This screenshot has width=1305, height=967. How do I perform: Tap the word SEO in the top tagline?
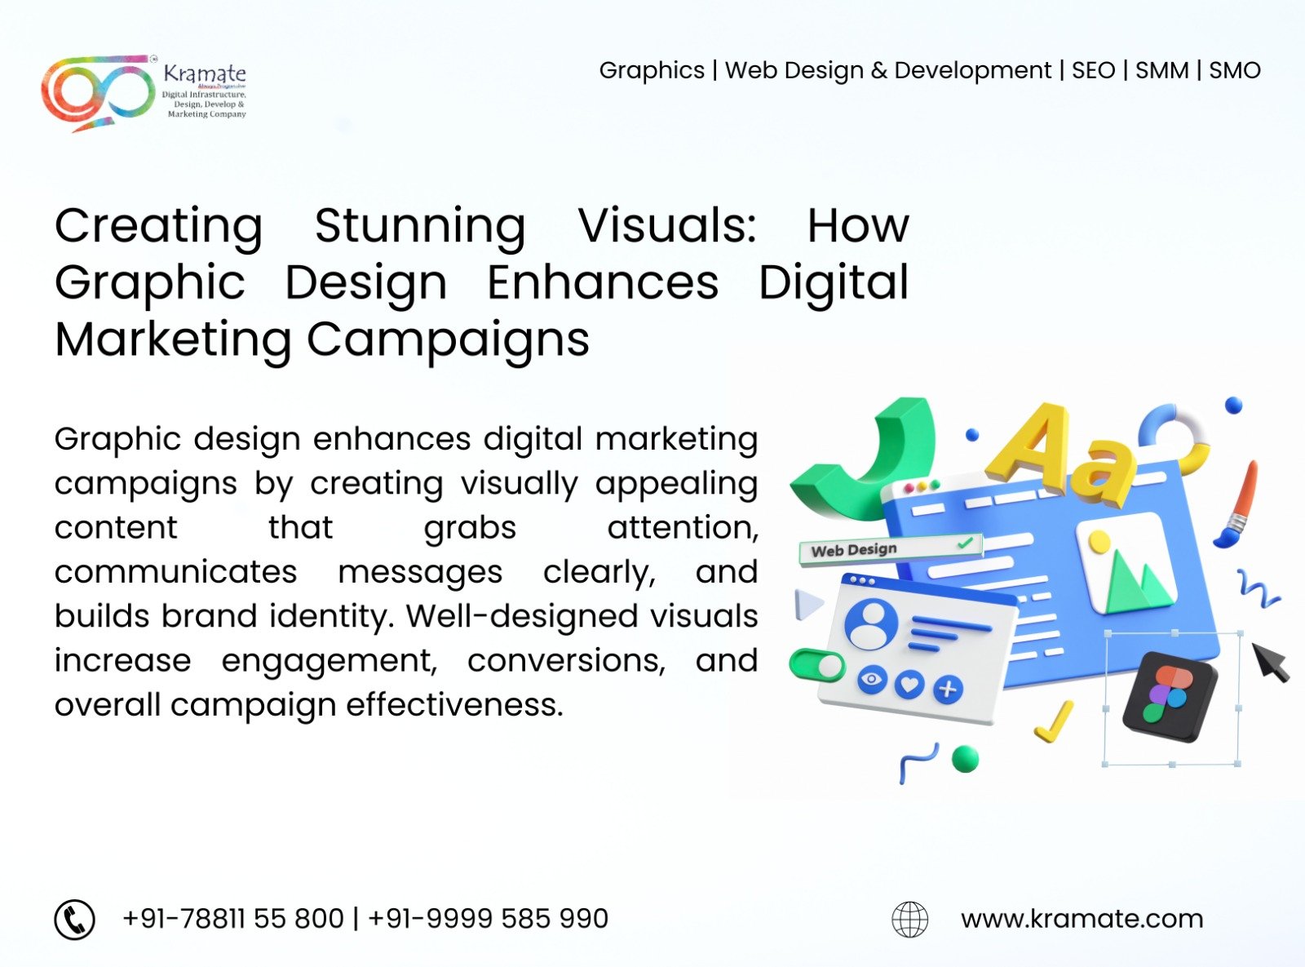point(1093,71)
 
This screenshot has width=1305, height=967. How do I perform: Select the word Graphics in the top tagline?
point(652,71)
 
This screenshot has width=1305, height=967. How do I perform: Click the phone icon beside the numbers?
point(75,919)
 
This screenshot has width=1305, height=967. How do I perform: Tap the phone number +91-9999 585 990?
point(488,919)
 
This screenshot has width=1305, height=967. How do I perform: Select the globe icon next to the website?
point(909,919)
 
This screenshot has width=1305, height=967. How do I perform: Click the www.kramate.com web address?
point(1082,919)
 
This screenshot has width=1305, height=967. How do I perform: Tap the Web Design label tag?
point(890,549)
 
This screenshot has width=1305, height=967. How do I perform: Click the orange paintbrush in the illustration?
point(1236,504)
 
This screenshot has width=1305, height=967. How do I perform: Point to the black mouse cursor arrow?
point(1270,663)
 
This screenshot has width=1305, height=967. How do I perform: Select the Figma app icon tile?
point(1170,697)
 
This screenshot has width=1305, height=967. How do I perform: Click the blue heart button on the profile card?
point(909,685)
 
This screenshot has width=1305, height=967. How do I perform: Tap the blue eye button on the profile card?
point(872,680)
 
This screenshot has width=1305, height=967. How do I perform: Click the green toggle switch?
point(816,665)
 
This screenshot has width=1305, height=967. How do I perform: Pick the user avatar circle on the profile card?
point(871,624)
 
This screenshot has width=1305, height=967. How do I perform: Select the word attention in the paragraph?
point(683,527)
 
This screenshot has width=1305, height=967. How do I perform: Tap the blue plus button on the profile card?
point(947,689)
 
